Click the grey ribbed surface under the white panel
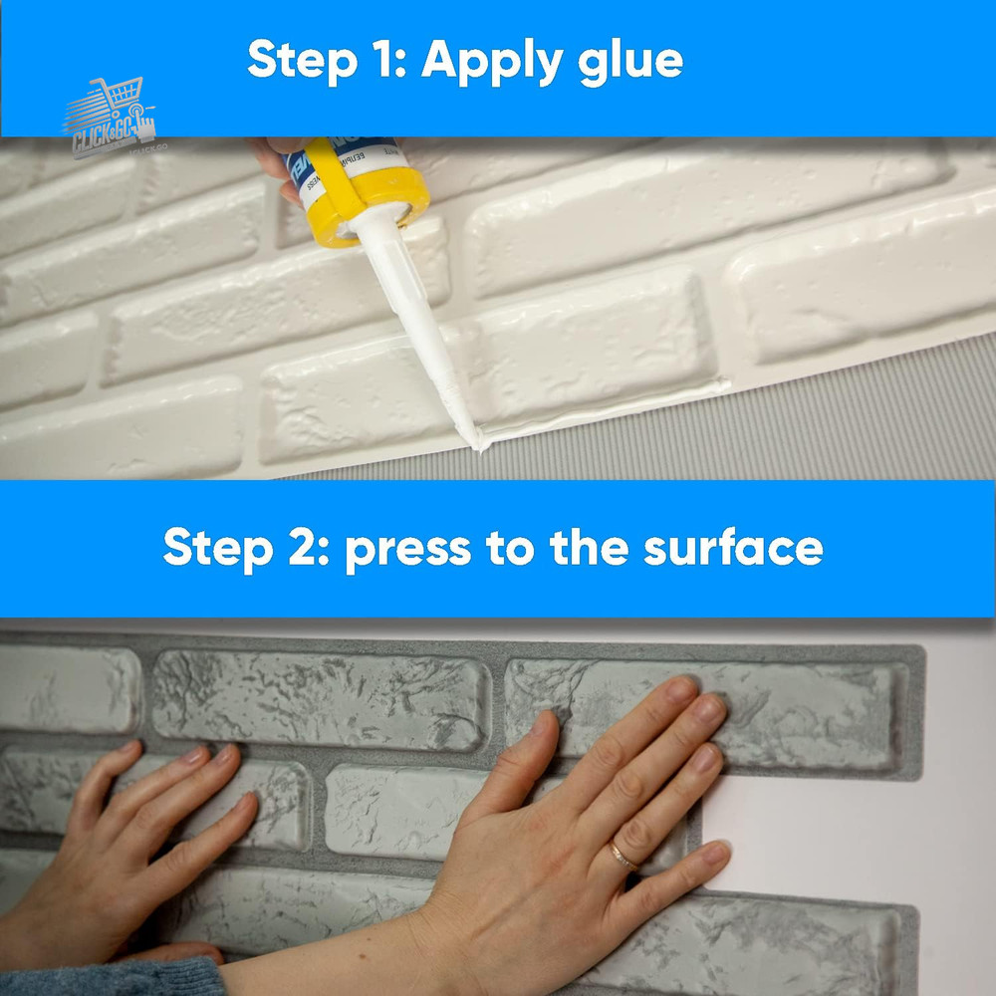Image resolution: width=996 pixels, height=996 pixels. point(797,428)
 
